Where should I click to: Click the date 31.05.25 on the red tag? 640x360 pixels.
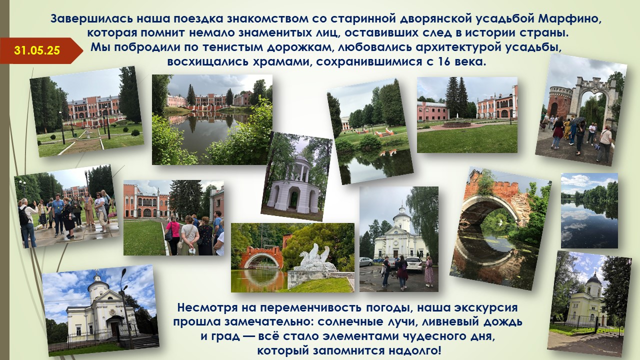pos(37,50)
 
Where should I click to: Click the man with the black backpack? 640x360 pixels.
pos(27,222)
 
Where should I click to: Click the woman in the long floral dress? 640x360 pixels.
pos(429,271)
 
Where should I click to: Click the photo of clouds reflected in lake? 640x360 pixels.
pos(589,210)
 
